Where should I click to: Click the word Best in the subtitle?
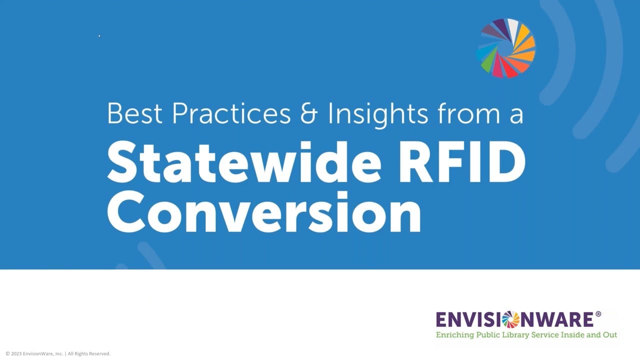point(134,113)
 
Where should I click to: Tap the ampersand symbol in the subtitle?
point(309,114)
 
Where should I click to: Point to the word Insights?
point(378,113)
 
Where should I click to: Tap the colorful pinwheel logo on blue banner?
point(506,48)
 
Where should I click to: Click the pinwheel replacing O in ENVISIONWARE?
point(510,319)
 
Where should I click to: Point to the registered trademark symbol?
point(598,314)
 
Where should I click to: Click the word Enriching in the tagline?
point(454,334)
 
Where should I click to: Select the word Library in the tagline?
point(515,334)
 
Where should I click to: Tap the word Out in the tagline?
point(609,334)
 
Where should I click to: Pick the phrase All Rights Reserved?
point(89,353)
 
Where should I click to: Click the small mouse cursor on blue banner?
point(99,35)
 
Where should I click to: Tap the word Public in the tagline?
point(487,334)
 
